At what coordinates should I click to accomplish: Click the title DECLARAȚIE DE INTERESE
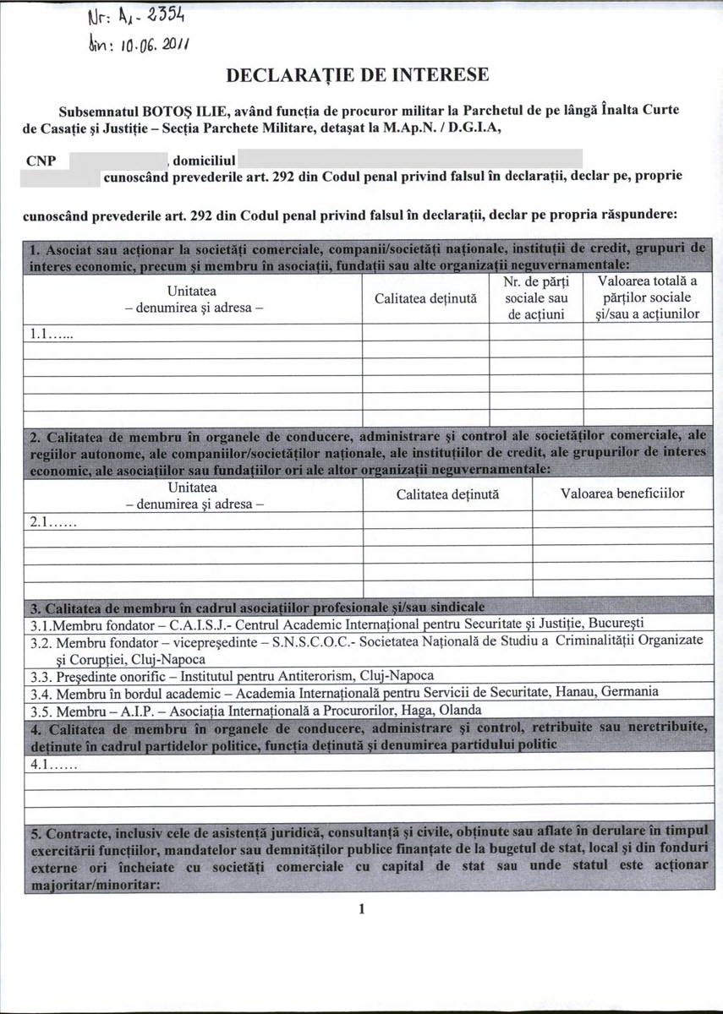[358, 75]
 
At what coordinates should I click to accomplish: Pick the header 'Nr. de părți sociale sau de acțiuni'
[536, 298]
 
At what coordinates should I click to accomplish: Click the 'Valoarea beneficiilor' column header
[622, 493]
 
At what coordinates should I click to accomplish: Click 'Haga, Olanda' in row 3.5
[441, 710]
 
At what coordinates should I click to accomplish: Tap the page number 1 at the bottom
[361, 909]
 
